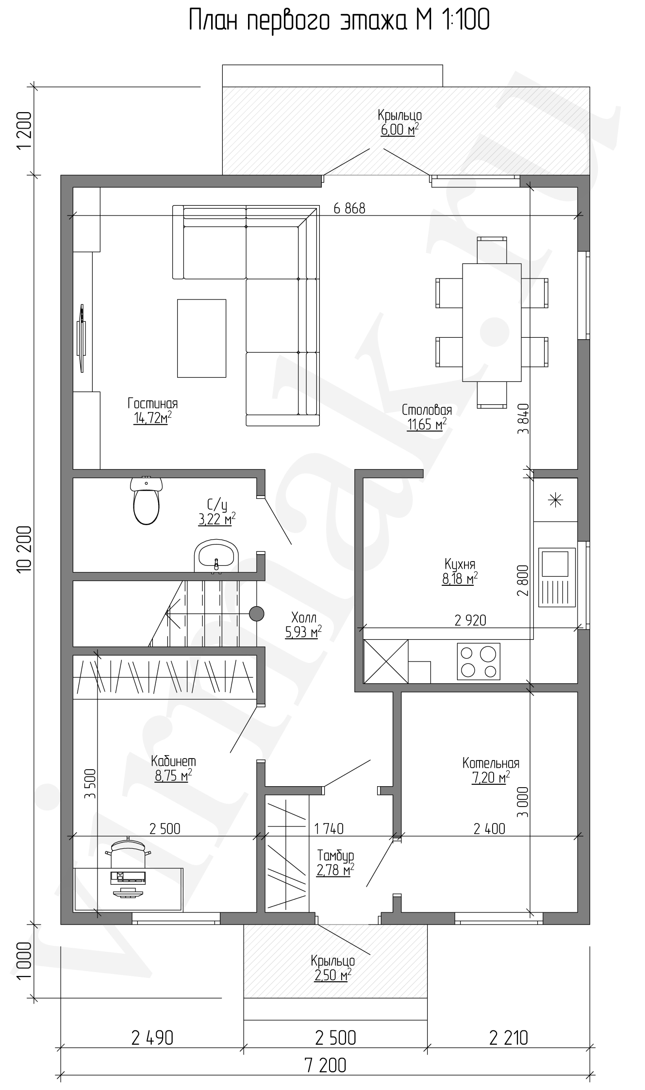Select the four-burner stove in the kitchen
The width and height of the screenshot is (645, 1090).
coord(478,661)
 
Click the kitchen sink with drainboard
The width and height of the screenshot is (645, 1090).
coord(556,577)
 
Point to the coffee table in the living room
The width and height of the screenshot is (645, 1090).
coord(201,338)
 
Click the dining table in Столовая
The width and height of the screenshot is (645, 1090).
coord(492,322)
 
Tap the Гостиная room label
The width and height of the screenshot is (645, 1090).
coord(153,403)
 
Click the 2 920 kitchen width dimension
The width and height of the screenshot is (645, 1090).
coord(470,620)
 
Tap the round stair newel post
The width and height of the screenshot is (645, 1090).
coord(257,614)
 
